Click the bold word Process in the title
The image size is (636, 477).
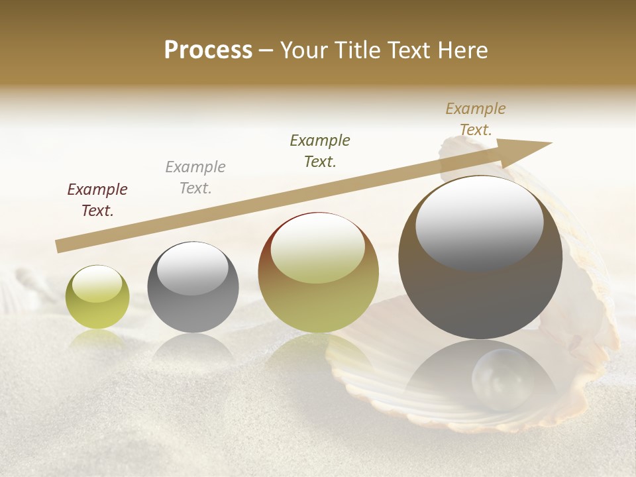tap(208, 50)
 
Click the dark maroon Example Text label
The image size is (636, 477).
tap(97, 199)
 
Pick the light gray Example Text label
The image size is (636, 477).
tap(195, 177)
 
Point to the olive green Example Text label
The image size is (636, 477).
tap(320, 150)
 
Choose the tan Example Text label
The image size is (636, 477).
tap(475, 119)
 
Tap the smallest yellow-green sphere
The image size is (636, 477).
tap(97, 297)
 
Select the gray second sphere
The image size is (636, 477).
tap(193, 288)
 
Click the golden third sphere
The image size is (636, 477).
tap(318, 273)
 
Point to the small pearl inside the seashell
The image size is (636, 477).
tap(502, 379)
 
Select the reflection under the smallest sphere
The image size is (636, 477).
tap(97, 339)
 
